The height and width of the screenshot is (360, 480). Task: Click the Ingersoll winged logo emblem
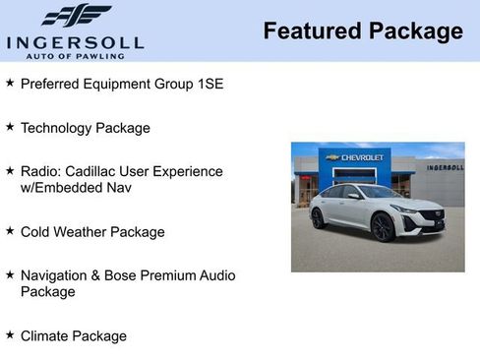point(76,16)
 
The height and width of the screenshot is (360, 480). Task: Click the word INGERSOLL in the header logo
point(75,41)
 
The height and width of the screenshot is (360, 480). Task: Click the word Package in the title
point(415,31)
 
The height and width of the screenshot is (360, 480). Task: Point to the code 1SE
point(208,84)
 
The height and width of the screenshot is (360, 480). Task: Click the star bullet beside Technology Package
point(10,127)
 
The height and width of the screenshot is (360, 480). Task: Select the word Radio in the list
point(39,171)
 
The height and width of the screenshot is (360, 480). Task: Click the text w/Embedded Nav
point(76,187)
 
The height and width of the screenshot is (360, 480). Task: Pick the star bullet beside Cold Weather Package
point(10,231)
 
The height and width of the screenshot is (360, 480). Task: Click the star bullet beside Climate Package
point(10,335)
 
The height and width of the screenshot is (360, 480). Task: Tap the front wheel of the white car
point(383,228)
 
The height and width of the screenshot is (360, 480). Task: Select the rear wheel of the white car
point(318,218)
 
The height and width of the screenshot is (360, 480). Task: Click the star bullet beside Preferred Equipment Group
point(10,83)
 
